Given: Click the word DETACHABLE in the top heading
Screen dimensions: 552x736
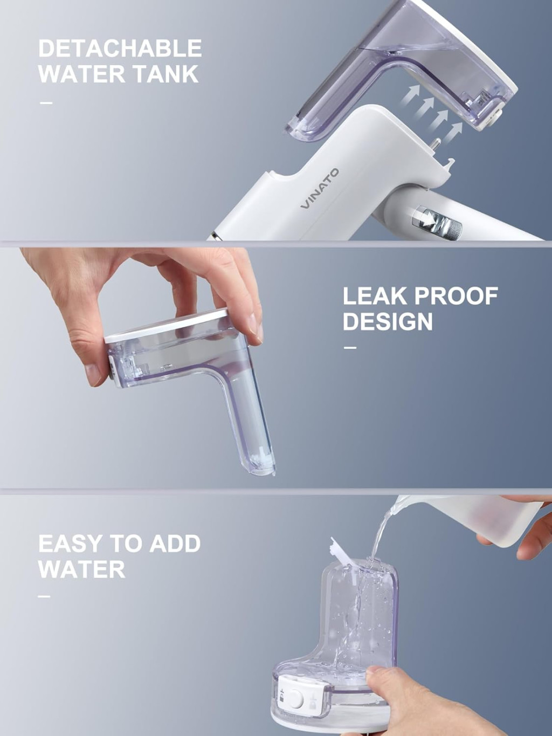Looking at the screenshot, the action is (120, 49).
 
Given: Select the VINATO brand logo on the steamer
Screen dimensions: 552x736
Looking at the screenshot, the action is (320, 189).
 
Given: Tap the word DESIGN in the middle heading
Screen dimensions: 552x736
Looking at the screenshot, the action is (388, 322).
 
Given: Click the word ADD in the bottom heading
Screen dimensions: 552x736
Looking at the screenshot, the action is (175, 544).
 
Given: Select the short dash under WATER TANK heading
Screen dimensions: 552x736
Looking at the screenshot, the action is (46, 102).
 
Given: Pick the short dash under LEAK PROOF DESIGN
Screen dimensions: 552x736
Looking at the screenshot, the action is (350, 348).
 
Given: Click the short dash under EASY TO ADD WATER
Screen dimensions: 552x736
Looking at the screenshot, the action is (45, 596).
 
